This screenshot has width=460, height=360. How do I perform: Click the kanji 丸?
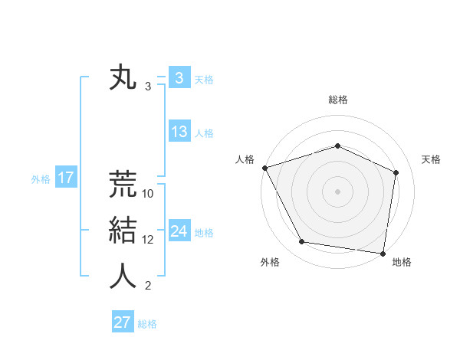123,79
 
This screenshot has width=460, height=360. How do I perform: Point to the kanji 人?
123,276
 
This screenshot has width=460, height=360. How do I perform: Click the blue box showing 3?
179,78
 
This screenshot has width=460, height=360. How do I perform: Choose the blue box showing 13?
179,132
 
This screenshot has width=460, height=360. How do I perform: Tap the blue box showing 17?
66,178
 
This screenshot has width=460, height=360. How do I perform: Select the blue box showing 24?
179,231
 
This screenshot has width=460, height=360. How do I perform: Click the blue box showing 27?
122,322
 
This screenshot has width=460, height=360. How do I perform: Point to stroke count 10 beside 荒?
148,194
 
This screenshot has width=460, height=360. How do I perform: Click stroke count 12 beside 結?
148,240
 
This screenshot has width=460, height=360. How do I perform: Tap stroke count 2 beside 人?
148,286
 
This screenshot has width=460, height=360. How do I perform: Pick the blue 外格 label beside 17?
41,179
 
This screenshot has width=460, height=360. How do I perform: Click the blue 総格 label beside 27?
147,324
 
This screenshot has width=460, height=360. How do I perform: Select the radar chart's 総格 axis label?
337,100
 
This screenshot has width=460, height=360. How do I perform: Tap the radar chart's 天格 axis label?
431,159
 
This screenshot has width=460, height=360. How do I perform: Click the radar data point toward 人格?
264,168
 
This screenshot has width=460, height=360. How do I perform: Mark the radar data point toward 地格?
383,252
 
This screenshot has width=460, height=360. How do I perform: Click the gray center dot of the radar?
337,191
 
